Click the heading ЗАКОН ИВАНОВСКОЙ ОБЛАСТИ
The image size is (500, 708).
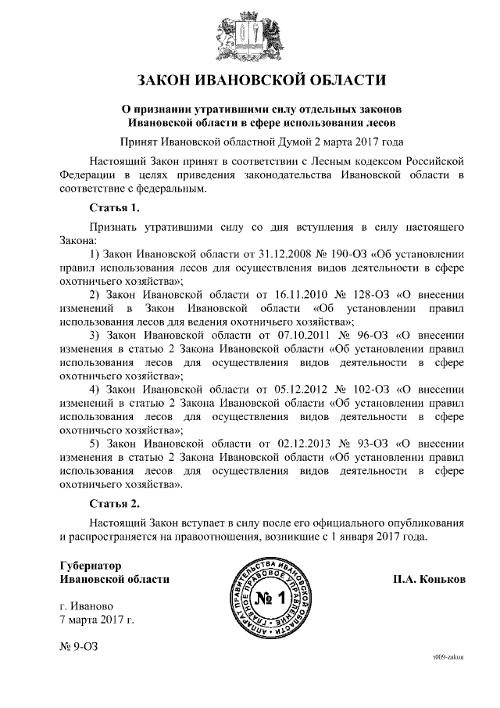click(x=250, y=80)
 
